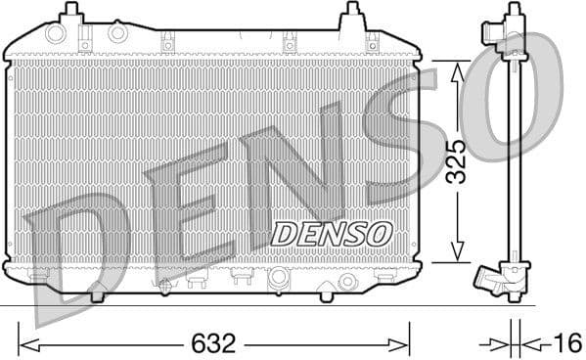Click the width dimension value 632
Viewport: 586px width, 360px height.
click(214, 343)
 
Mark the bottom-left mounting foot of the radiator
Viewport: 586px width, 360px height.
click(97, 293)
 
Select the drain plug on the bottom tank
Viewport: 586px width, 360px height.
click(345, 282)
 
